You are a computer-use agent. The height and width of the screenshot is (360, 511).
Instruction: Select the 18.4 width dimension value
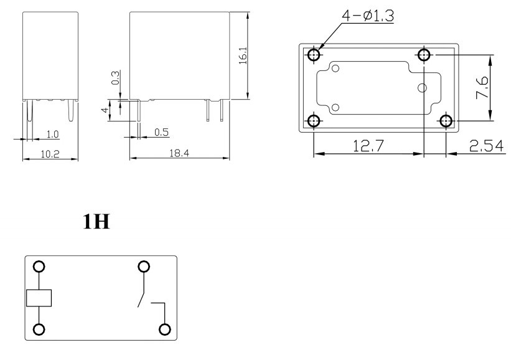point(179,153)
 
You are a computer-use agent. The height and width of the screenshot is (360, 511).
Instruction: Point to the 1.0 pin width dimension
point(52,134)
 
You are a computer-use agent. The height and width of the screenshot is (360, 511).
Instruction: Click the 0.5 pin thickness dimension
point(162,132)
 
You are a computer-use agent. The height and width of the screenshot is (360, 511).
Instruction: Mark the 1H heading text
point(97,222)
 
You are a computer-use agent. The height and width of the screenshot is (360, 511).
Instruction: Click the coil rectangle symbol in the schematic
point(39,298)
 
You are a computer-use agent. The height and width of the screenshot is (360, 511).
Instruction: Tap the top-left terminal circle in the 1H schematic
point(39,267)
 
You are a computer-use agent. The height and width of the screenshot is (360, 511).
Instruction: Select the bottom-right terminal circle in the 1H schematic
point(165,329)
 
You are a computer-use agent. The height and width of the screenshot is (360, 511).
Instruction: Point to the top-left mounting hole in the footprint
point(314,55)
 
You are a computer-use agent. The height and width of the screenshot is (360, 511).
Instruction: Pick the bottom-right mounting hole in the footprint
point(446,120)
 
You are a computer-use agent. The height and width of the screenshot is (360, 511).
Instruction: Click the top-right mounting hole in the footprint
point(424,55)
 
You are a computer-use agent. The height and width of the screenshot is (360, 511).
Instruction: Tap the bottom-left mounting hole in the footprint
point(314,120)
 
